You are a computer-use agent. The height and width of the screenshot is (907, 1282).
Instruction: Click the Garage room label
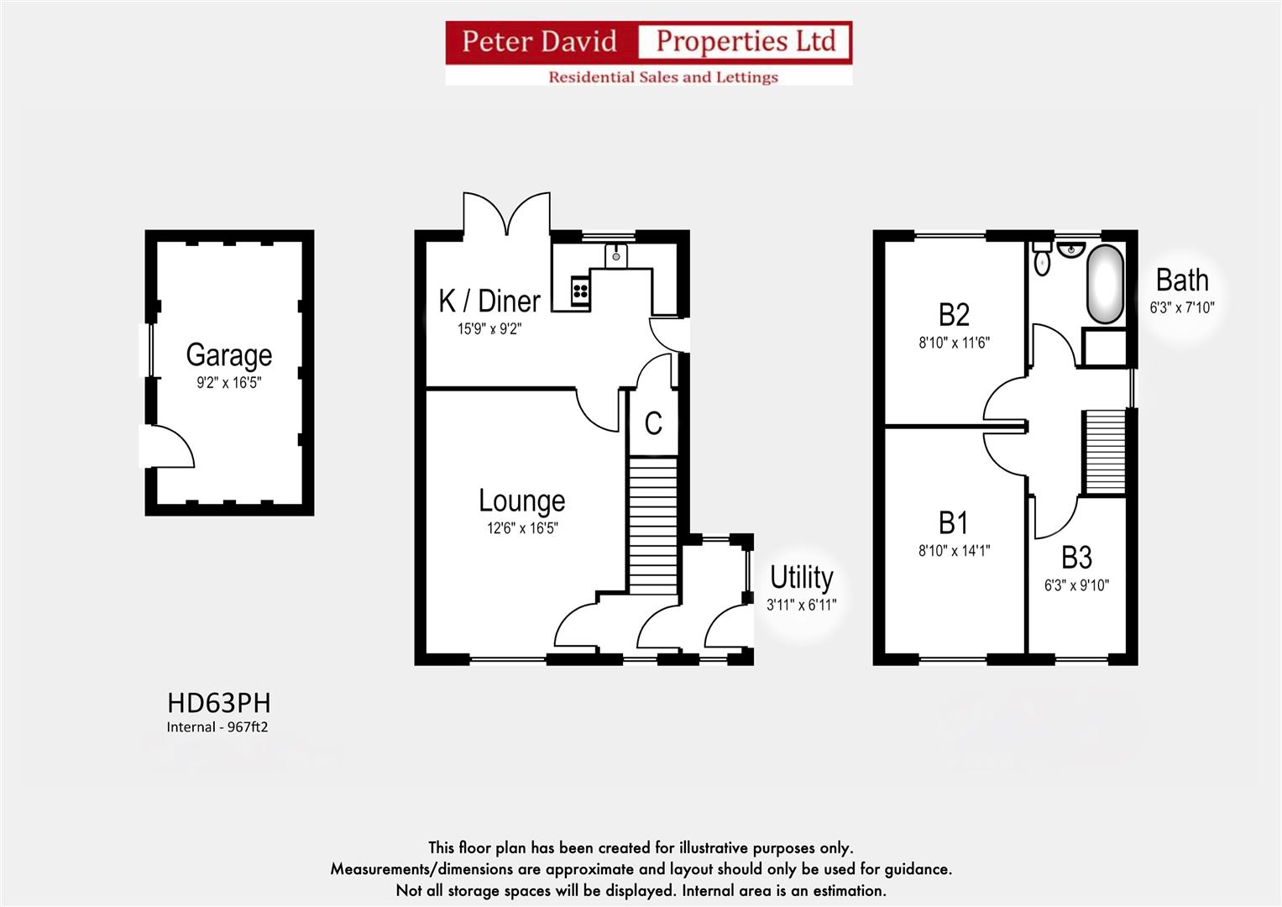228,355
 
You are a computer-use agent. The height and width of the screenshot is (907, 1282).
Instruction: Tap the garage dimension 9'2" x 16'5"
228,383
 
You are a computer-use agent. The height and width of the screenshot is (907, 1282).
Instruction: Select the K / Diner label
489,301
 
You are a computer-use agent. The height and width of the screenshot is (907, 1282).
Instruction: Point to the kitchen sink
616,254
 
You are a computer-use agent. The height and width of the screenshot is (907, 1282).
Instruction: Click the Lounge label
521,501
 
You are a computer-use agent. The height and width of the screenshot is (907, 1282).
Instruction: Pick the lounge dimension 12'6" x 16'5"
521,528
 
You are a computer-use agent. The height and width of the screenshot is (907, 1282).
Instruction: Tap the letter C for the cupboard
653,423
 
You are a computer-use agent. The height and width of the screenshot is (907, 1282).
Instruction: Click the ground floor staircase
652,524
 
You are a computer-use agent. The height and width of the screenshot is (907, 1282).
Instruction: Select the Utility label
801,578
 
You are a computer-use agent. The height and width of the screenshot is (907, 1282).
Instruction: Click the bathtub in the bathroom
1105,284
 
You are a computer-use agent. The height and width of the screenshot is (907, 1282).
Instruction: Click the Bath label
1182,280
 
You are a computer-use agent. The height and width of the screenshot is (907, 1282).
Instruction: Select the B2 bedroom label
954,314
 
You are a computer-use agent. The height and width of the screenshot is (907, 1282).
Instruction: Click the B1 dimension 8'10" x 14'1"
954,551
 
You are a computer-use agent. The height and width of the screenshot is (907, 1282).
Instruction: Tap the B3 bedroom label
1076,558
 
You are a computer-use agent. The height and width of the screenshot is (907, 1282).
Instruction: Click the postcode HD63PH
218,702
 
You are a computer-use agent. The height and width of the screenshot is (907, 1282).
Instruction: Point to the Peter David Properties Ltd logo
648,52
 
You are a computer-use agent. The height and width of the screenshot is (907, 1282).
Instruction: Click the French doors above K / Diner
507,214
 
